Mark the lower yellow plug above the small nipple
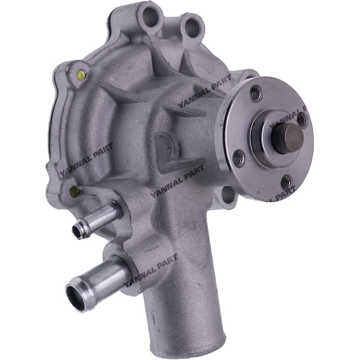pos(75,191)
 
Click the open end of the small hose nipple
pos(80,229)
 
